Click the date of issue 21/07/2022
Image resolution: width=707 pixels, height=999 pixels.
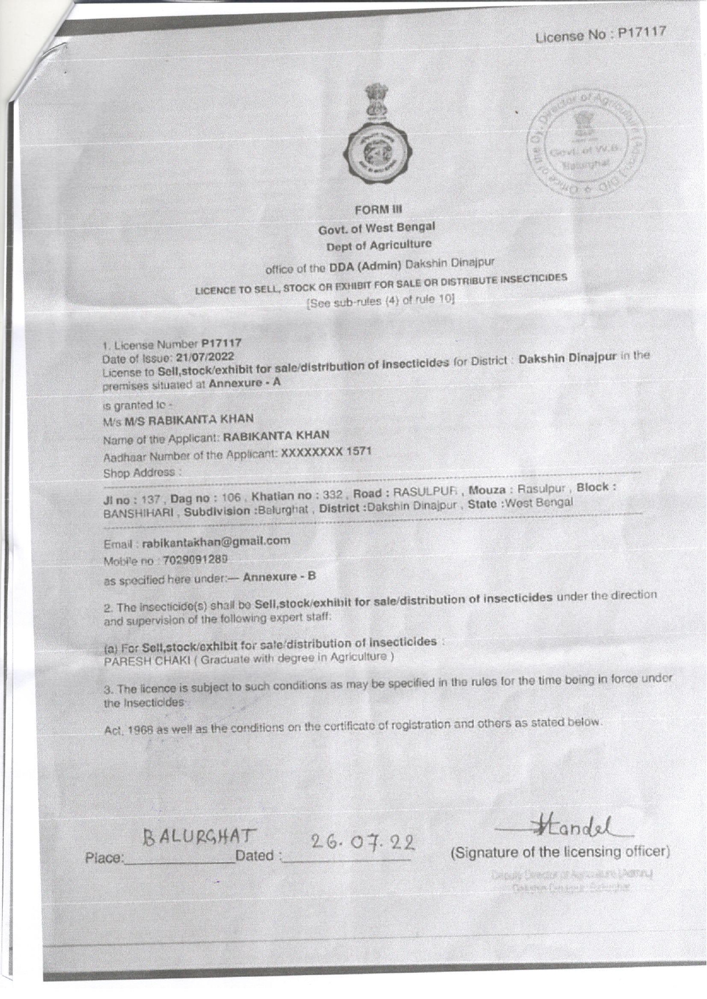(x=205, y=357)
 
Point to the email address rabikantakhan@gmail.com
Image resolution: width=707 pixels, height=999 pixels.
(x=216, y=541)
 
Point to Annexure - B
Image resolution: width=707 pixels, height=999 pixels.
(x=279, y=577)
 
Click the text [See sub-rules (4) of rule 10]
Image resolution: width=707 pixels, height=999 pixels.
(x=380, y=301)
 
